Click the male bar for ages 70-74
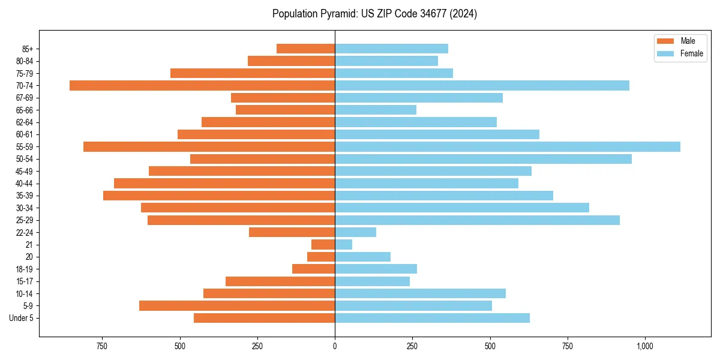(x=202, y=85)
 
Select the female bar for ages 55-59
(x=508, y=146)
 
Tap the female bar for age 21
(x=344, y=244)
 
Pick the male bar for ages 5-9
(x=237, y=305)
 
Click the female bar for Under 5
(x=432, y=318)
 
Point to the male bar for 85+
(x=305, y=49)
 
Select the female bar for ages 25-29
(x=477, y=220)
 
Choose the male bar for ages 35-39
(x=219, y=196)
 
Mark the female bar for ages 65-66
(x=376, y=110)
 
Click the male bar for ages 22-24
(x=292, y=232)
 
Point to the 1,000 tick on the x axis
(x=645, y=346)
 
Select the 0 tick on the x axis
(x=335, y=346)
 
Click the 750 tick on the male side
(x=102, y=346)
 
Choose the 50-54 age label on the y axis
(x=25, y=159)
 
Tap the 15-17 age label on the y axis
(x=25, y=281)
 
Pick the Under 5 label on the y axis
(x=22, y=318)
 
